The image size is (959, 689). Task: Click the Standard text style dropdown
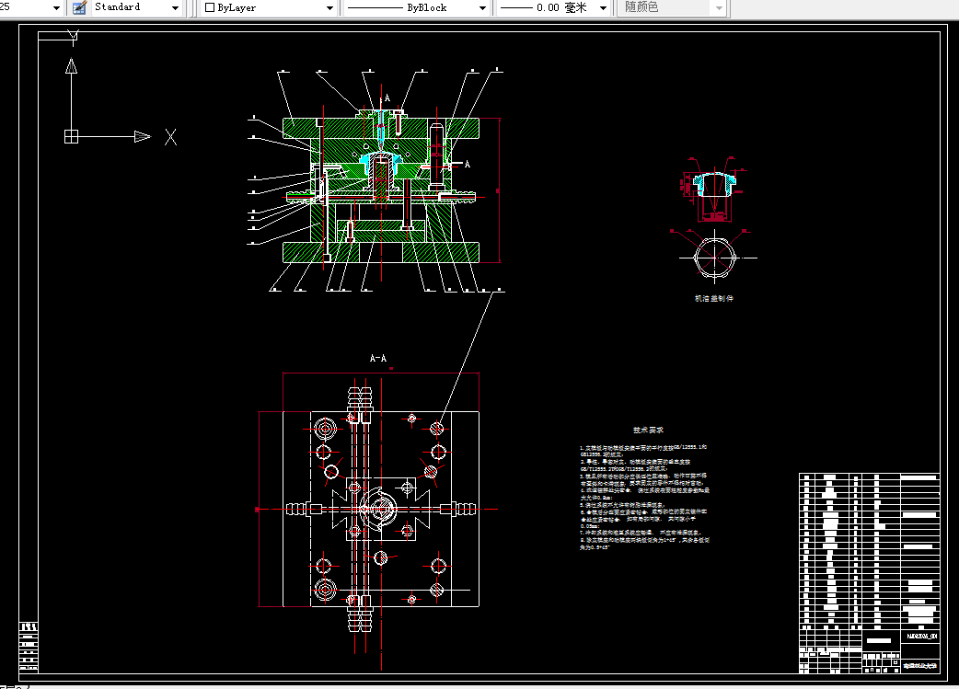pos(136,7)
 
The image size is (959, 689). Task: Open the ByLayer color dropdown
pos(271,7)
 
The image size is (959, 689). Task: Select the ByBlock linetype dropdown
pos(417,7)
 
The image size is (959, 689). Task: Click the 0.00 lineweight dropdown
pos(553,7)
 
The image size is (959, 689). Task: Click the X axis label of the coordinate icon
pos(170,137)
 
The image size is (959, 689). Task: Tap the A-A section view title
pos(378,358)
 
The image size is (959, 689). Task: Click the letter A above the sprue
pos(387,98)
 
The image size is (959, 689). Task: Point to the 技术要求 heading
pos(648,430)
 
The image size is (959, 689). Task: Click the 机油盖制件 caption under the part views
pos(714,299)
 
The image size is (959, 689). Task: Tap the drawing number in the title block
pos(920,637)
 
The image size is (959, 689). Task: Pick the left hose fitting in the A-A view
pos(296,507)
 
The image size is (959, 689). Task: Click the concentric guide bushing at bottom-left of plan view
pos(326,589)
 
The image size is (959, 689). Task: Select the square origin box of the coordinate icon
pos(71,137)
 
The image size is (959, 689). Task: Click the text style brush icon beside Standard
pos(79,7)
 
